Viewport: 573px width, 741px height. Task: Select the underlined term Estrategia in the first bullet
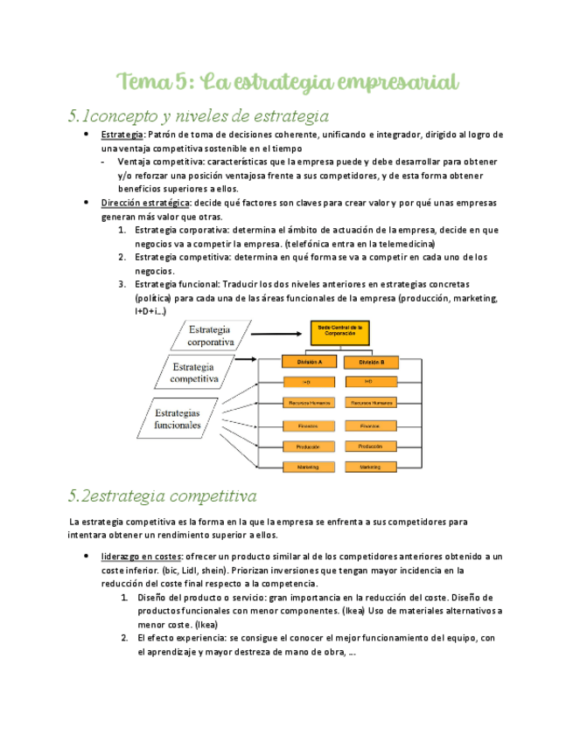tap(122, 135)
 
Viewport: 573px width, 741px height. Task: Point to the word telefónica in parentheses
tap(309, 244)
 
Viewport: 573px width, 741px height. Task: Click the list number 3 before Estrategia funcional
tap(121, 285)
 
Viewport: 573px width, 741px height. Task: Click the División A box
tap(308, 361)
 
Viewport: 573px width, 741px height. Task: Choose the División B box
tap(369, 361)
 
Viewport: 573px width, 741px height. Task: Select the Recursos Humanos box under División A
tap(308, 403)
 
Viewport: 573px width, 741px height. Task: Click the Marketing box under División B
tap(369, 467)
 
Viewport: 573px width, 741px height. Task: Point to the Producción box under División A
tap(308, 446)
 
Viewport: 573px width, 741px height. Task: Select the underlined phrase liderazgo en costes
tap(143, 556)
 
